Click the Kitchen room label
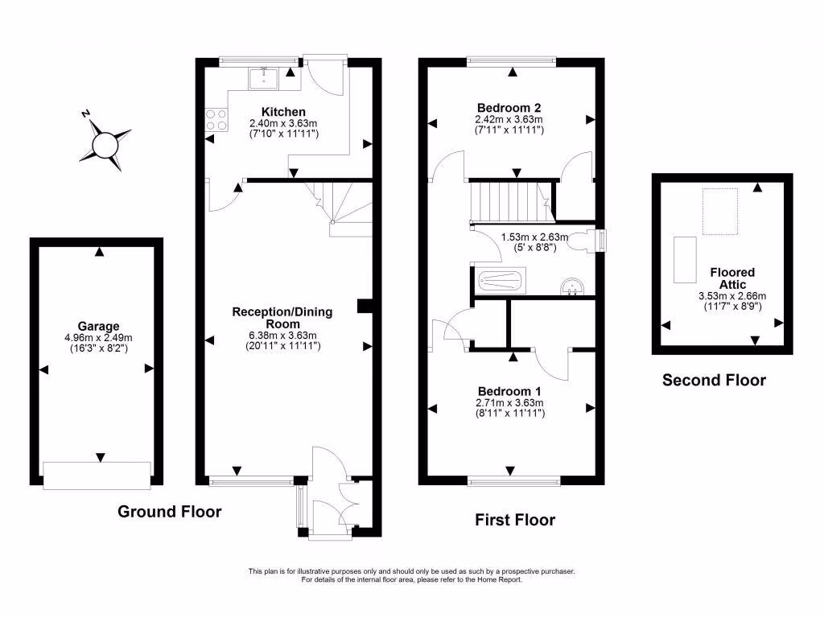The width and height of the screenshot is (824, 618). [283, 112]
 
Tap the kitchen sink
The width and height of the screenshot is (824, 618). [264, 78]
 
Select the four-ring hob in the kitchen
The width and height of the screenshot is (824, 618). [216, 119]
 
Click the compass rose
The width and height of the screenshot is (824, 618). [105, 143]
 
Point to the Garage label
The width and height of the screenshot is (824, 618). [98, 327]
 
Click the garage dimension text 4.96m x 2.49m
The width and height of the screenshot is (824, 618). [98, 338]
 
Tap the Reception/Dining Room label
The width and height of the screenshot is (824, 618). [282, 318]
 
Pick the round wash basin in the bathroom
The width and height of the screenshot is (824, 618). [572, 286]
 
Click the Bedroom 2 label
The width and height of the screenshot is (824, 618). [509, 108]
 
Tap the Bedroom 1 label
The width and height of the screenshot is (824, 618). [509, 392]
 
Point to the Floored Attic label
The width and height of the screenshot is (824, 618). [732, 278]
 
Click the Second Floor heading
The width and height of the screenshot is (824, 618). [714, 380]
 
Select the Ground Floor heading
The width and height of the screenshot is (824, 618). [169, 511]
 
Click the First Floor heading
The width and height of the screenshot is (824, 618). [515, 520]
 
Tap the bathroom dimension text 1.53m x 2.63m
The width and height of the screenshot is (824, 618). [534, 237]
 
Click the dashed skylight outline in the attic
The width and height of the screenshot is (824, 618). [720, 212]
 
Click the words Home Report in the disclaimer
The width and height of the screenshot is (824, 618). [499, 579]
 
